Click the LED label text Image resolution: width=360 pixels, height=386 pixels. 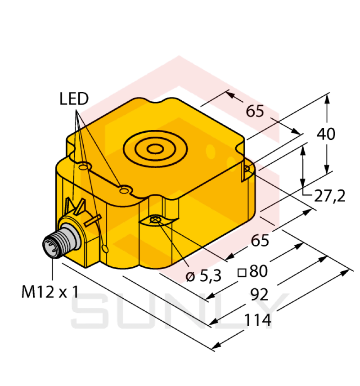point(74,99)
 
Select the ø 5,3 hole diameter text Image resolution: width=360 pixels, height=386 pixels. point(204,276)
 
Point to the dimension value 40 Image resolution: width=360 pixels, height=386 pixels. point(326,134)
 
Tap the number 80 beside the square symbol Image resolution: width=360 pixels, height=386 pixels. point(258,271)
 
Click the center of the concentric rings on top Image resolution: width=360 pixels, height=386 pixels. point(155,149)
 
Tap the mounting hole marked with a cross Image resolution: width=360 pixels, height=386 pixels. point(156,220)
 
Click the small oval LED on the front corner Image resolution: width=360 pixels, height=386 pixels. point(105,248)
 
